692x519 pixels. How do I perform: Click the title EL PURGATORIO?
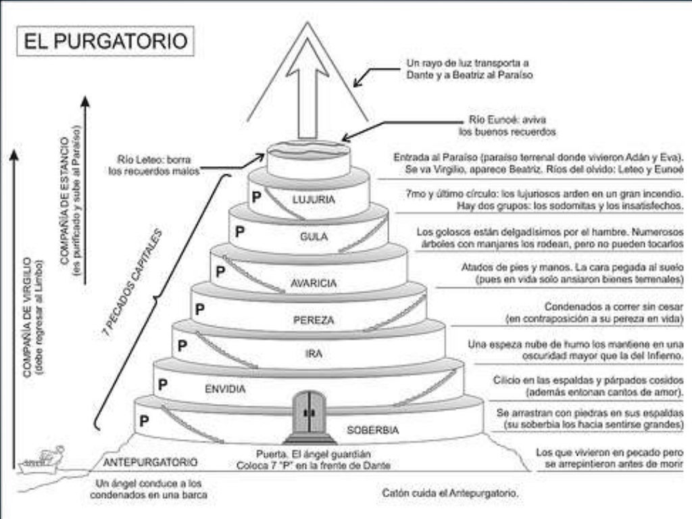point(106,41)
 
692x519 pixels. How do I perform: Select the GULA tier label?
point(314,237)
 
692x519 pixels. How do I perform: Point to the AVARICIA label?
point(313,284)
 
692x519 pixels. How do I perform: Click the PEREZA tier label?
point(314,320)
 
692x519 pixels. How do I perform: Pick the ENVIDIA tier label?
point(224,389)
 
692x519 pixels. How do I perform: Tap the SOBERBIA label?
point(373,430)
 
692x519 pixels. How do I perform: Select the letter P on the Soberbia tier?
point(144,420)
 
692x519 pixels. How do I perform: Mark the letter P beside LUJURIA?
point(256,197)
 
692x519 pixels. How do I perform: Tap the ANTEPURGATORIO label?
point(150,463)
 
